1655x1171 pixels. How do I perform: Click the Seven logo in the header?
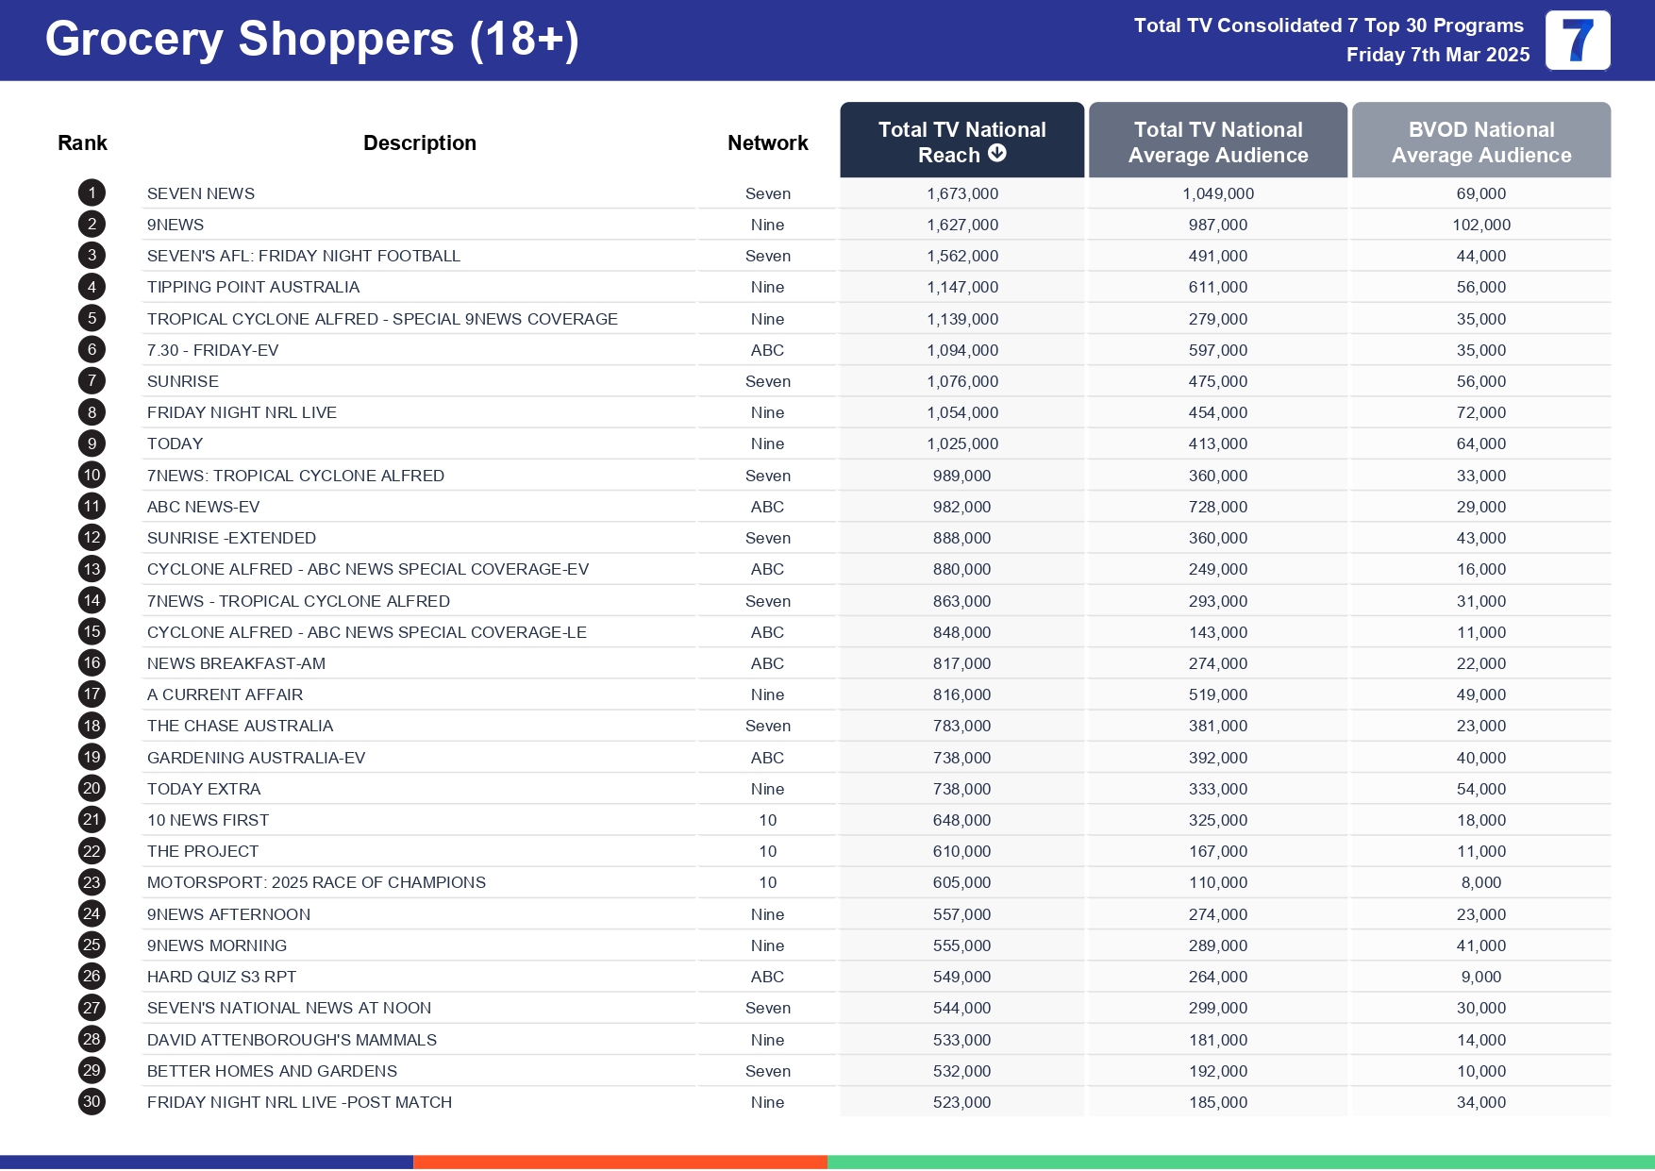click(x=1577, y=41)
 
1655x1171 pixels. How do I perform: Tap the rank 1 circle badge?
click(x=92, y=193)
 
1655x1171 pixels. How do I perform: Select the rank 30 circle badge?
click(x=92, y=1102)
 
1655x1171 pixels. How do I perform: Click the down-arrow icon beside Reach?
click(x=997, y=153)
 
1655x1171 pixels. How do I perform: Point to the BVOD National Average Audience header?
click(x=1480, y=142)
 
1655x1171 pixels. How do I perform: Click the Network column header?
click(x=767, y=142)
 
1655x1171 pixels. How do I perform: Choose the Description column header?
click(x=419, y=142)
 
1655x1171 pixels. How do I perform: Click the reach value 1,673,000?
click(x=961, y=193)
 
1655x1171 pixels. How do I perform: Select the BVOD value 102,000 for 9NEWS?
click(x=1480, y=225)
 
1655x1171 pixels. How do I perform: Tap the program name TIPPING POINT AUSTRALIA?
click(x=253, y=287)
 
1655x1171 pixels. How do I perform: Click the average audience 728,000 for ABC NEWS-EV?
click(x=1217, y=507)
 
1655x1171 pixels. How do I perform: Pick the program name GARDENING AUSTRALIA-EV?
click(x=256, y=758)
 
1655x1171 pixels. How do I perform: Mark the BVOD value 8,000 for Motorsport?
click(x=1480, y=882)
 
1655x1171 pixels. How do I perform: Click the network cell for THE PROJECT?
click(x=767, y=851)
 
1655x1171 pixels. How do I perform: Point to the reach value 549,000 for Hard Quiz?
click(x=961, y=977)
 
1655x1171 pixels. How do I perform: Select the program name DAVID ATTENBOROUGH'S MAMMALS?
click(x=292, y=1040)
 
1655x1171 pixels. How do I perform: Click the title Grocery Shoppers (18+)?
click(x=311, y=40)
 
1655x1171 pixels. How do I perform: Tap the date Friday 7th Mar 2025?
click(x=1437, y=55)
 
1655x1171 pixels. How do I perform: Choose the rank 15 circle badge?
click(x=92, y=632)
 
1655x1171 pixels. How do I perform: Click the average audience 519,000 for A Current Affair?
click(x=1217, y=694)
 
